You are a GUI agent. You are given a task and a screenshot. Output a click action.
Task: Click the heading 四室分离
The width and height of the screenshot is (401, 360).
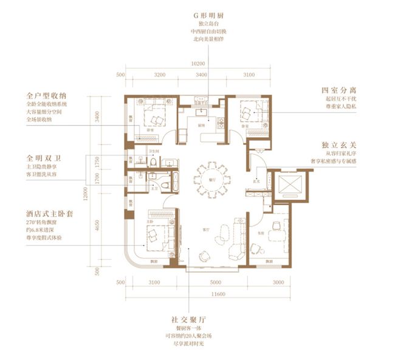click(338, 92)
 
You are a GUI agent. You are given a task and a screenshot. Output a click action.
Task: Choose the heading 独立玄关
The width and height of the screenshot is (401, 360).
click(338, 146)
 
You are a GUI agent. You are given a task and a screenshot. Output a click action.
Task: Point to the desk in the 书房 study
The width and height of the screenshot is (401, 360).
click(278, 226)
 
